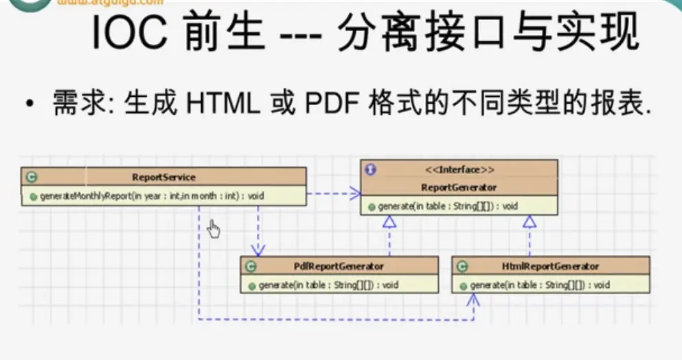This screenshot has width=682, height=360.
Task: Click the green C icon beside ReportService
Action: tap(31, 177)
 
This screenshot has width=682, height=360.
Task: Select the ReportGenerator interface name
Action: tap(459, 186)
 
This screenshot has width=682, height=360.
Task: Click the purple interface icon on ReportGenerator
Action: tap(371, 169)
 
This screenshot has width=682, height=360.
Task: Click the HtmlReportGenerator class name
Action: tap(556, 266)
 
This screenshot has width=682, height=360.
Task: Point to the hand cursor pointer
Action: tap(214, 229)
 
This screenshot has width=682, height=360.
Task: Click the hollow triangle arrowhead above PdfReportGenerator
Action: tap(389, 221)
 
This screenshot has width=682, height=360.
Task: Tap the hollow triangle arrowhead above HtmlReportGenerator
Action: tap(529, 221)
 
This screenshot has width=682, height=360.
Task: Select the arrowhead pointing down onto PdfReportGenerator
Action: tap(258, 251)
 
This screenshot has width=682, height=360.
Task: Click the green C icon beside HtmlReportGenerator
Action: tap(462, 266)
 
